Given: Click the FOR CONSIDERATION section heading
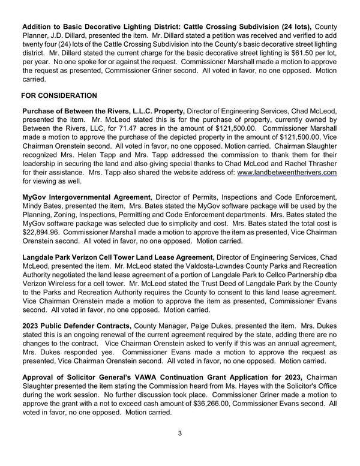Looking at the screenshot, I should tap(59, 95).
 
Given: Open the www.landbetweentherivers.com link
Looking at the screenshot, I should tap(287, 172).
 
